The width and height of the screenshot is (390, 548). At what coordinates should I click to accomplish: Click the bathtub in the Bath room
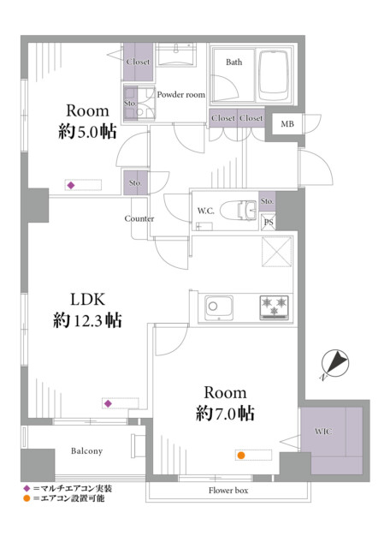[274, 75]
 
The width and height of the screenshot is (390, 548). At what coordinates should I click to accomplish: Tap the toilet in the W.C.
[242, 210]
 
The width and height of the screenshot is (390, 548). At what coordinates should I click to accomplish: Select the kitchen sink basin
[219, 308]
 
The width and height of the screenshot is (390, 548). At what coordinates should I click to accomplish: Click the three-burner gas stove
[274, 307]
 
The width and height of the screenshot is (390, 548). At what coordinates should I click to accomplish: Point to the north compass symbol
[334, 363]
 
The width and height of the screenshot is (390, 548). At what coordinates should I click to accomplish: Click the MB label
[287, 123]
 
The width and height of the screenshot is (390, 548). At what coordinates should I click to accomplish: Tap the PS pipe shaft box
[269, 222]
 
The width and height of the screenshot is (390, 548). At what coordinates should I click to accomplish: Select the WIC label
[323, 432]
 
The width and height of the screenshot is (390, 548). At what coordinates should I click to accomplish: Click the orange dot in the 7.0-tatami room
[240, 455]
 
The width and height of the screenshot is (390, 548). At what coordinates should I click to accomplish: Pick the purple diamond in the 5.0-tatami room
[70, 185]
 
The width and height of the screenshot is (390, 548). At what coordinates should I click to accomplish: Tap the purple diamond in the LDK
[108, 403]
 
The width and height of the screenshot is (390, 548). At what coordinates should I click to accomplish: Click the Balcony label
[86, 451]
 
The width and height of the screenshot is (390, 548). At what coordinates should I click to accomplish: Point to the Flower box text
[228, 491]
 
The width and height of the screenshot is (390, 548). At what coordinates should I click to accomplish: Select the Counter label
[139, 218]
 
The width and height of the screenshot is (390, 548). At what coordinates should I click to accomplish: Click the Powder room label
[180, 94]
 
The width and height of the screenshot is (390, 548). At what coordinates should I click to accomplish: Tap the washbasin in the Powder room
[175, 54]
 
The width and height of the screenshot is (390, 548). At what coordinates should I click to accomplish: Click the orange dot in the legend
[27, 498]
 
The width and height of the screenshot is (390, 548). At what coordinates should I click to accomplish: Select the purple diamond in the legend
[27, 488]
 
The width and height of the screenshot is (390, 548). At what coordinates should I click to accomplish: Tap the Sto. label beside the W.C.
[267, 201]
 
